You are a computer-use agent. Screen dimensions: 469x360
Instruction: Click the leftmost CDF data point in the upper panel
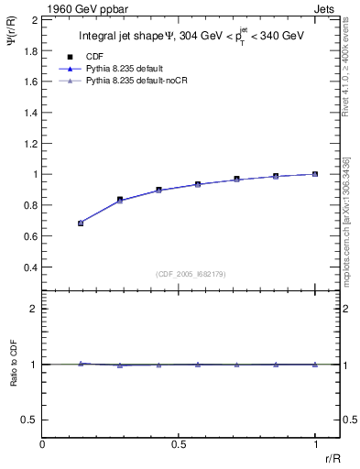(81, 223)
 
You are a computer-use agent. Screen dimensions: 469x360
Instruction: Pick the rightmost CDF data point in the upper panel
(315, 174)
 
